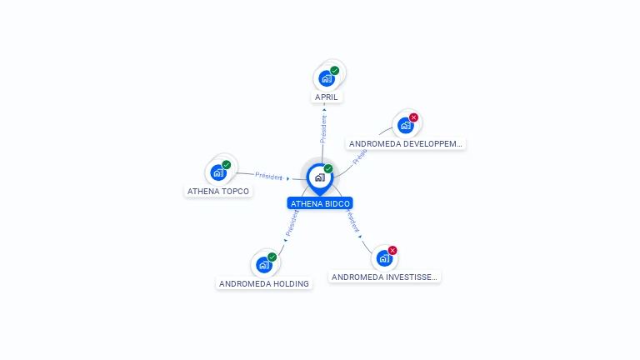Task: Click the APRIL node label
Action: pos(327,97)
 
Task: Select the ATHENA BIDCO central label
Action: pos(320,203)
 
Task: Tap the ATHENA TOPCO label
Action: pos(217,191)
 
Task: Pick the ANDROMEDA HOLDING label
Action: pos(263,283)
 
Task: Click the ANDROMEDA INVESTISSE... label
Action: pos(383,277)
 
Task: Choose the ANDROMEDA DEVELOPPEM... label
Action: pos(405,143)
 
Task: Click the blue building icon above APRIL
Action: pos(327,78)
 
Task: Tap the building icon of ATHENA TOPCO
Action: pos(218,172)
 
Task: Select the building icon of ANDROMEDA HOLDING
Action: pos(264,265)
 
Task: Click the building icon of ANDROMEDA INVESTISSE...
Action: pos(384,258)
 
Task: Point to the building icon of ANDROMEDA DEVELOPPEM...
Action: pos(405,125)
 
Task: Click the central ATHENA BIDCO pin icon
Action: pos(319,177)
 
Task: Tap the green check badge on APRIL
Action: pos(335,71)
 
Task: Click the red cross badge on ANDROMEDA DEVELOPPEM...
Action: pos(413,117)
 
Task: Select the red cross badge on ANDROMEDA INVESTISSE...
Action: pos(392,250)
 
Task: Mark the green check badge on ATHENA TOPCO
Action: pos(227,164)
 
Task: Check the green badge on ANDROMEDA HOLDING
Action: pos(272,257)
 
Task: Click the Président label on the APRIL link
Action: pos(323,125)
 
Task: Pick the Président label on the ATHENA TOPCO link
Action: pos(268,176)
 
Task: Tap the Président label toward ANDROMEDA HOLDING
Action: pos(292,222)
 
